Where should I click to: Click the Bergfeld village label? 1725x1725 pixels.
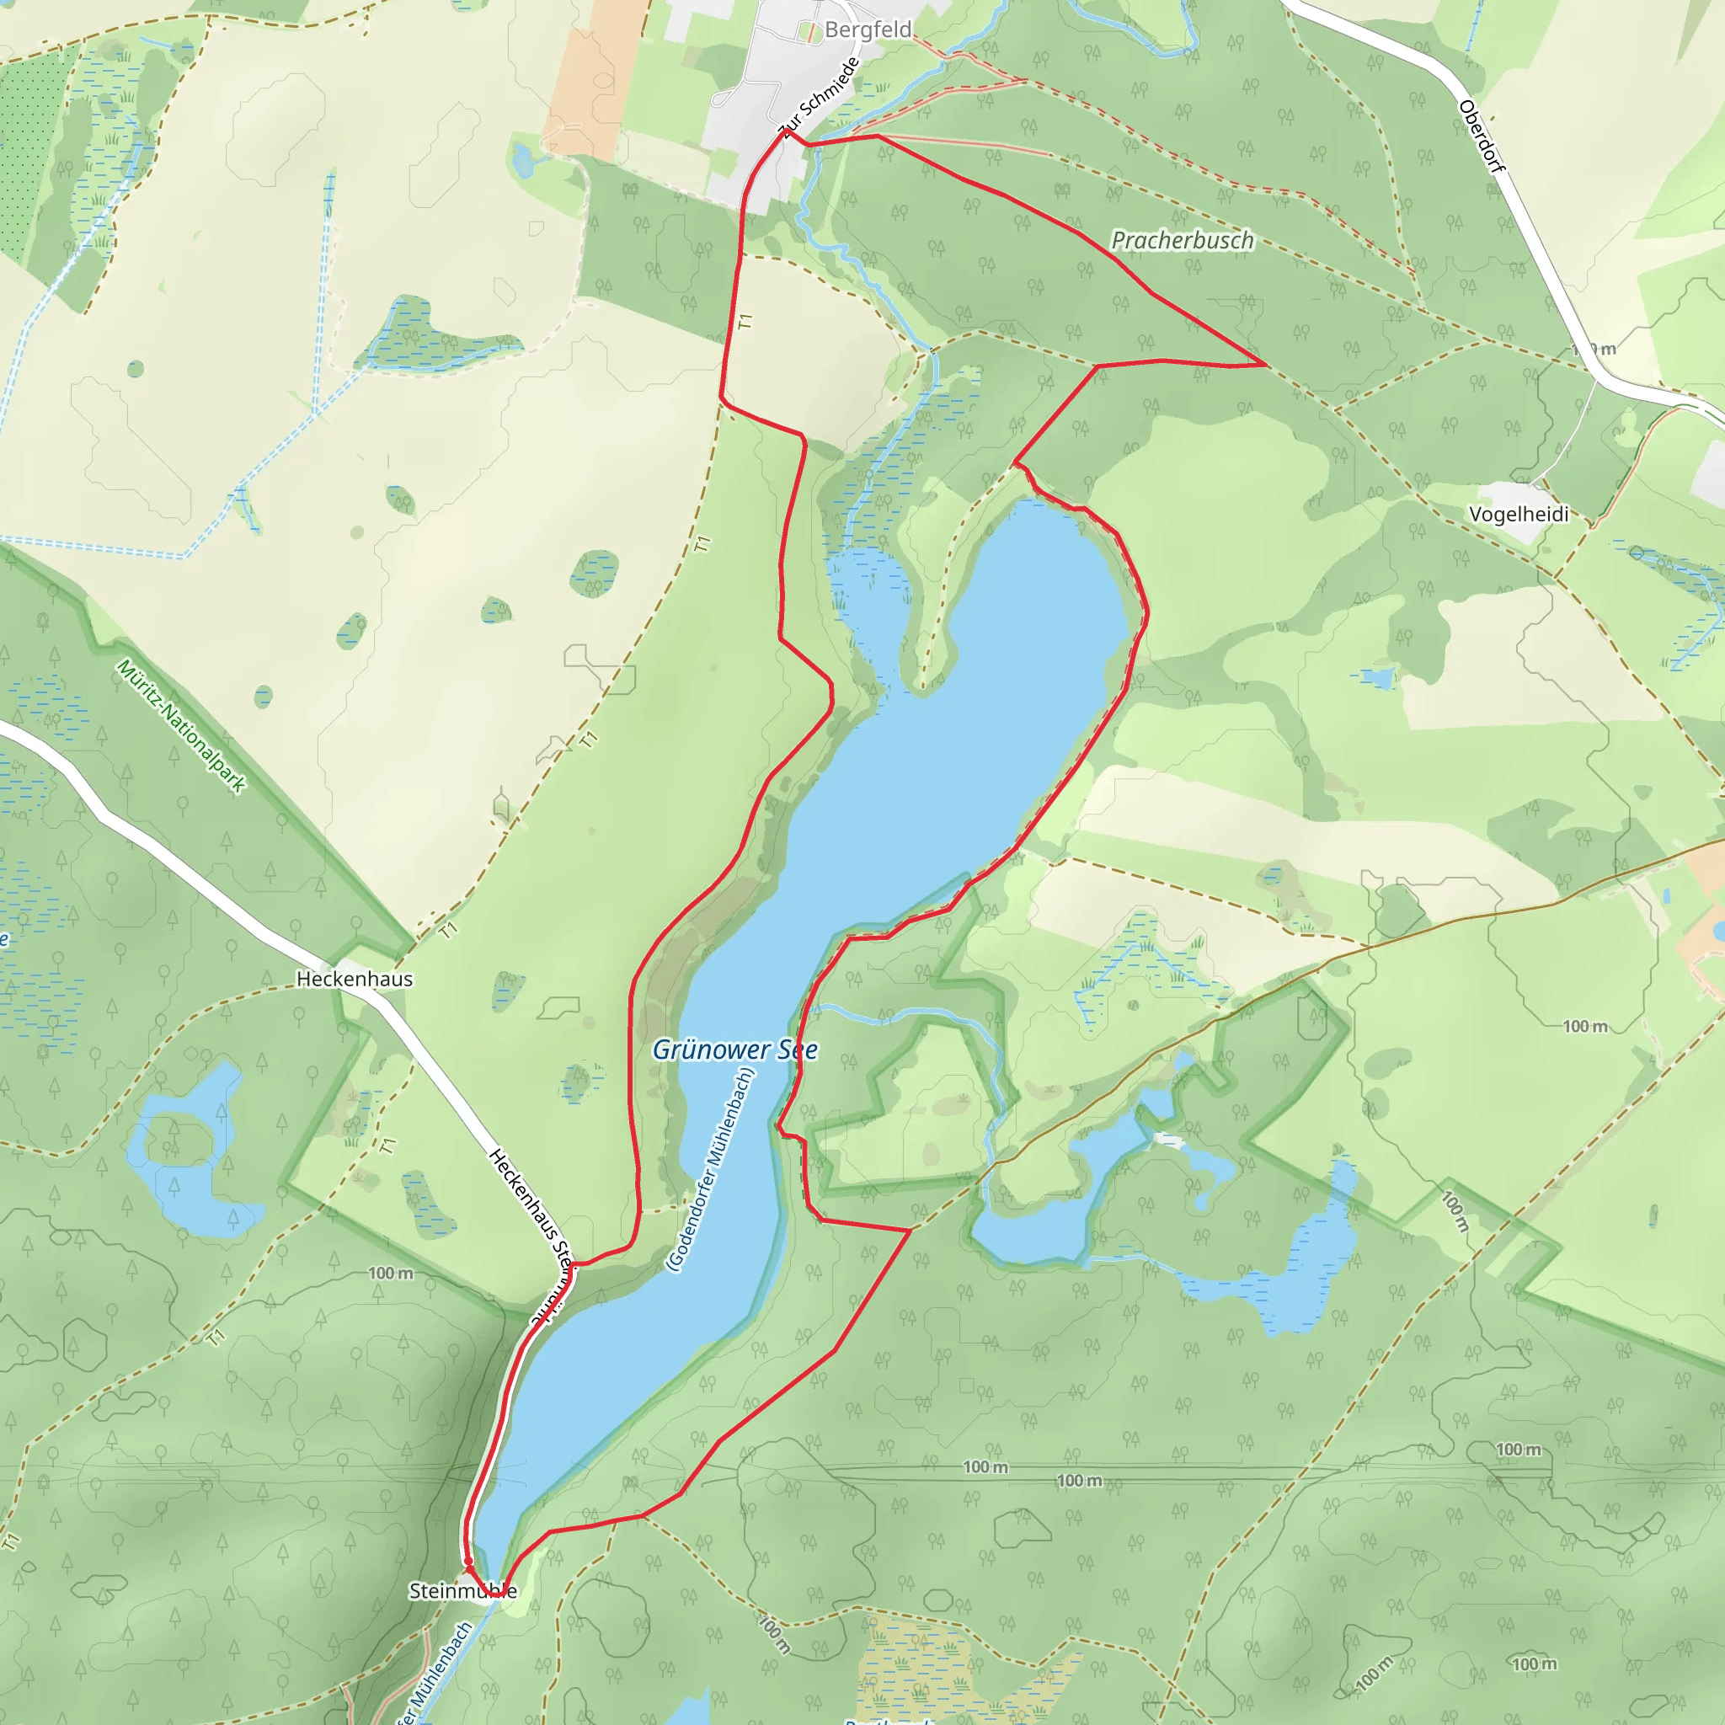pos(868,29)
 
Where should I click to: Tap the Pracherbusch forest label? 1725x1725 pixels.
pos(1182,240)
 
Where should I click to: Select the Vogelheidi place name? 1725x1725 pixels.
pos(1519,514)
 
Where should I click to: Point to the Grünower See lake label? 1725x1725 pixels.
pos(734,1050)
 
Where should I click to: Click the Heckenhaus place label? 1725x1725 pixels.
pos(355,979)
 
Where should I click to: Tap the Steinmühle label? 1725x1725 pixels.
pos(462,1590)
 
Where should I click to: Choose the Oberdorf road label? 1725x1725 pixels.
pos(1482,136)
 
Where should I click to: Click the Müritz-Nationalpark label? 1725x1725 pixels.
pos(181,726)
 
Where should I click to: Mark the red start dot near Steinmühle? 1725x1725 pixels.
pos(467,1561)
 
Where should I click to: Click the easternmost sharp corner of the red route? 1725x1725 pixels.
pos(1265,366)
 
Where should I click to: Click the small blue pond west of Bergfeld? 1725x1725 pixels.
pos(522,162)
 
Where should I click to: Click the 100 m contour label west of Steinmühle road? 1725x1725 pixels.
pos(391,1274)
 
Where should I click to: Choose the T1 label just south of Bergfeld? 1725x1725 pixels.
pos(746,322)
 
